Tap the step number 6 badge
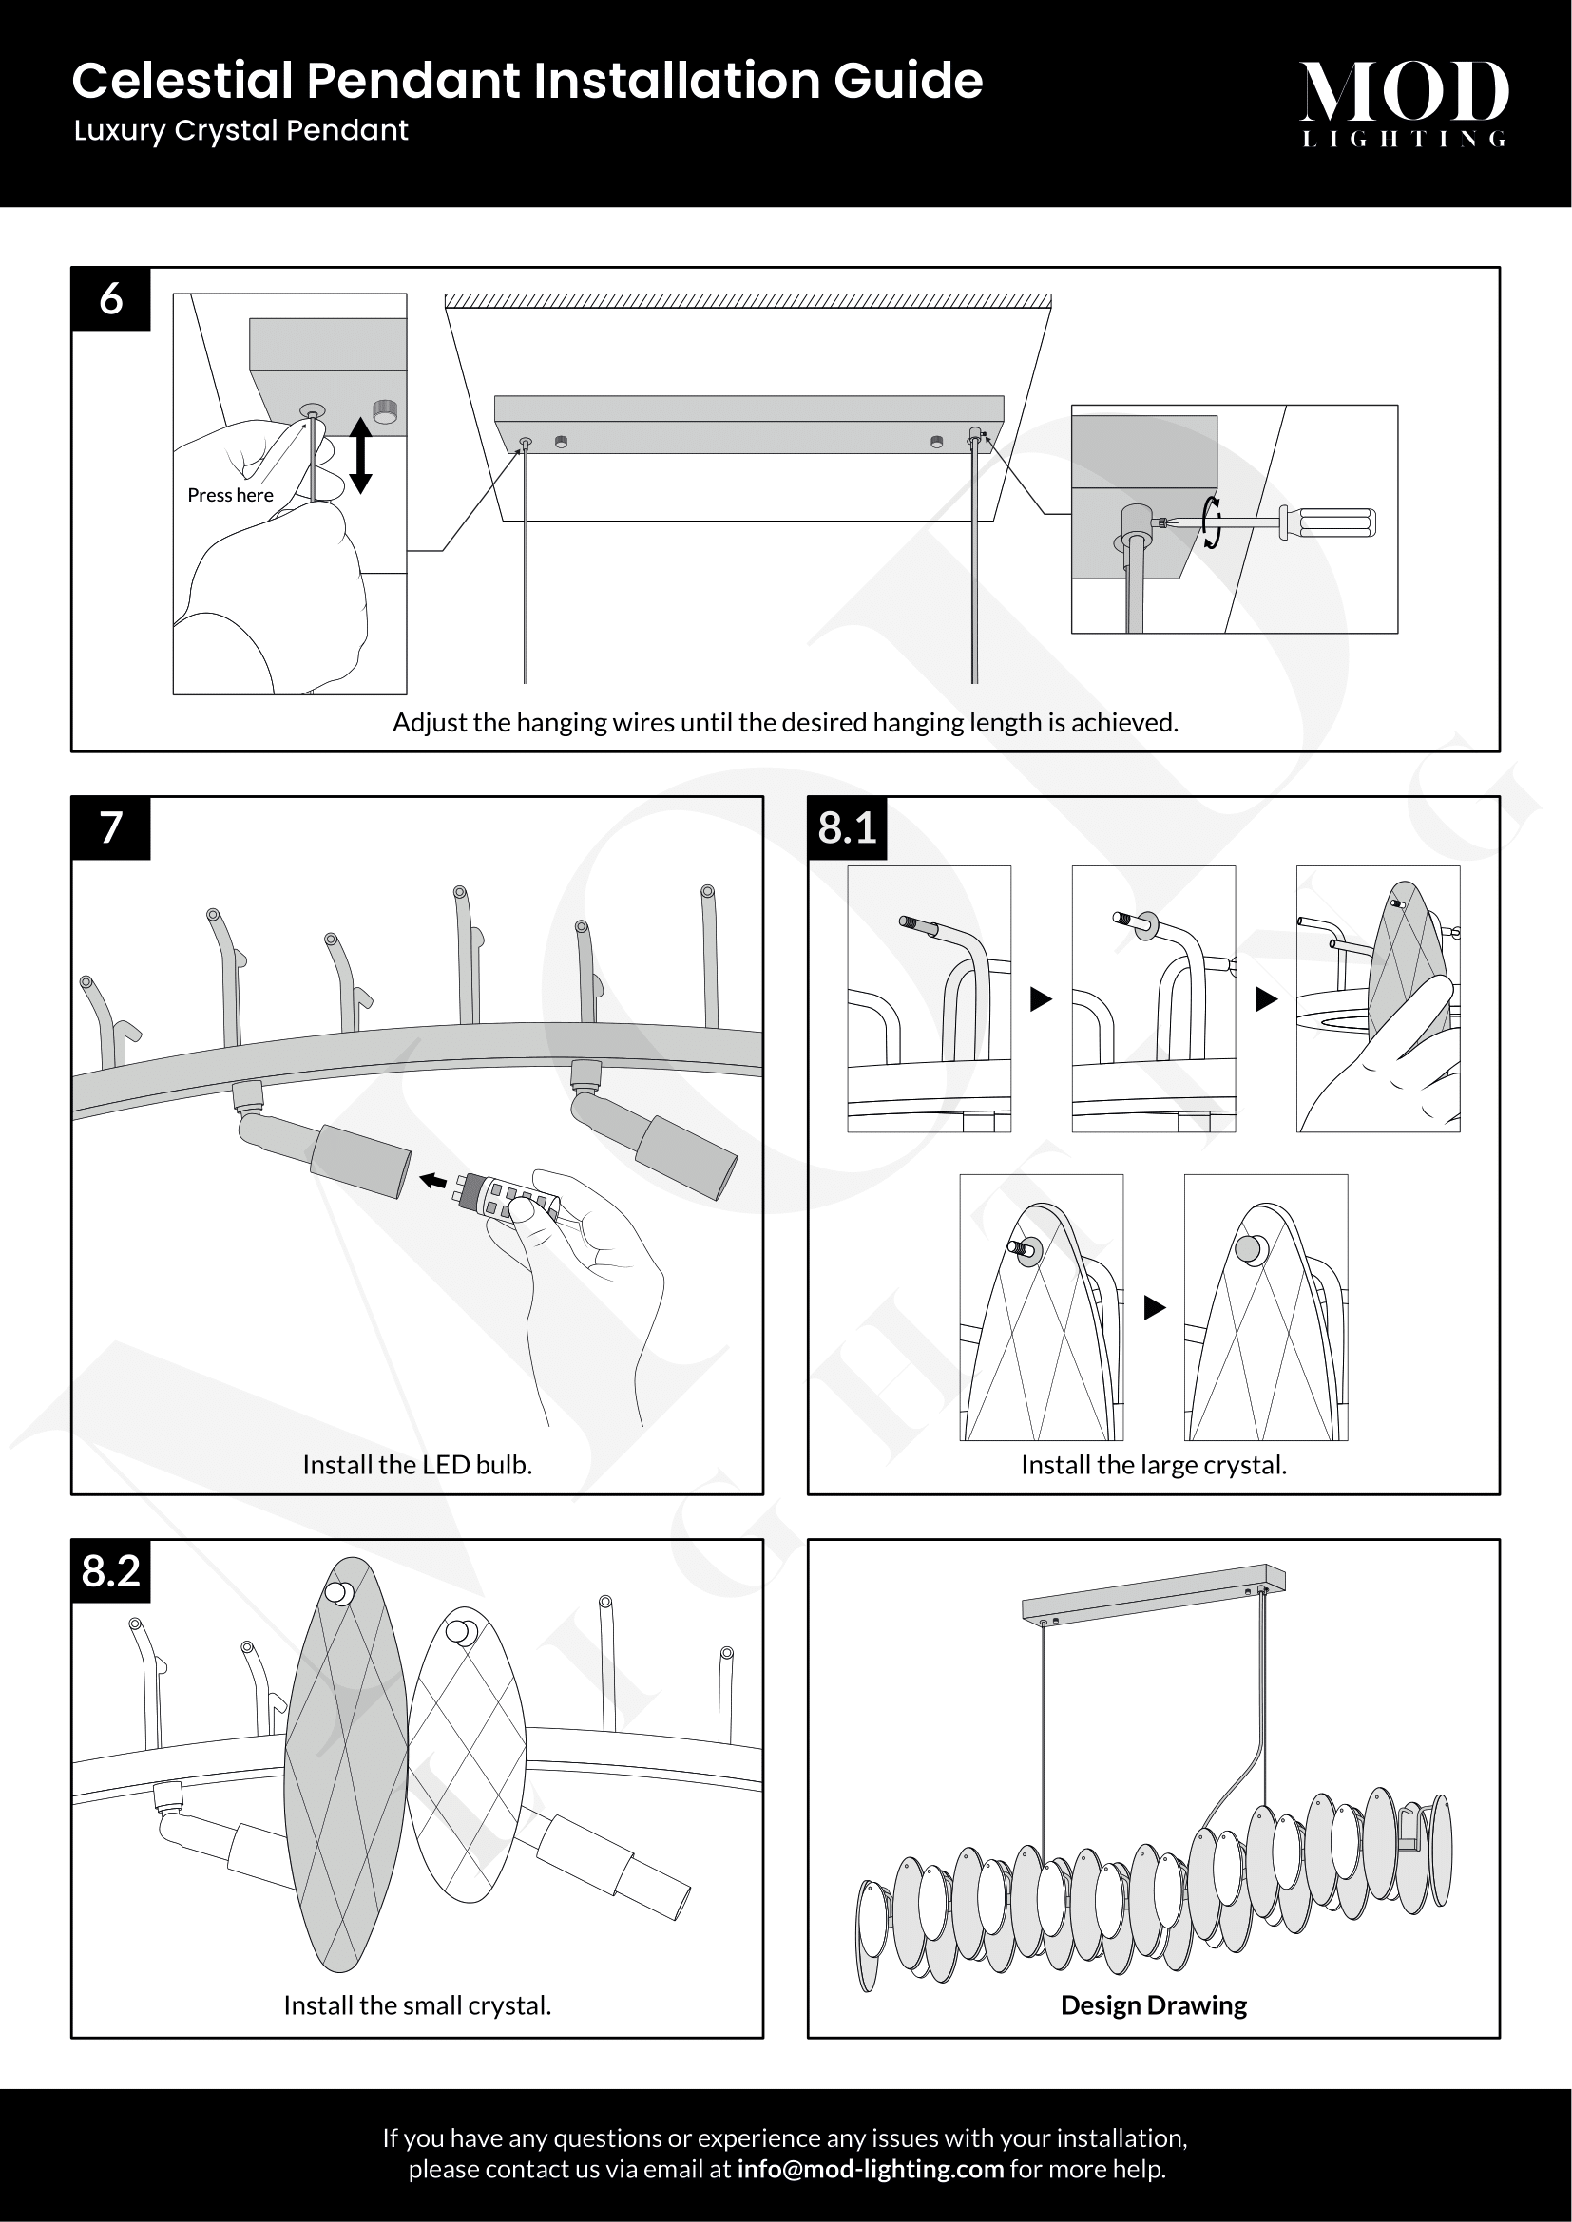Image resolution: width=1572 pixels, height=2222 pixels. coord(111,299)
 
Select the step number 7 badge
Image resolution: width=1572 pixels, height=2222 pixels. coord(111,828)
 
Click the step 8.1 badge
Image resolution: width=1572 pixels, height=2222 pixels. coord(847,828)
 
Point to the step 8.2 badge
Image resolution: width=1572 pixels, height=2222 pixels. coord(111,1570)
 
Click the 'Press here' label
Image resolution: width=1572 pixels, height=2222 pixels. coord(230,496)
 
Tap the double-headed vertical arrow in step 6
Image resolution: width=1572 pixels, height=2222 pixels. coord(360,455)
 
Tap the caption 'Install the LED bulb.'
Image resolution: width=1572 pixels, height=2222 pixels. coord(417,1465)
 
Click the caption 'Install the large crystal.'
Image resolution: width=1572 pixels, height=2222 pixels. coord(1154,1465)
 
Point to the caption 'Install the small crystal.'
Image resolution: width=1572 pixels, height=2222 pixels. coord(417,2005)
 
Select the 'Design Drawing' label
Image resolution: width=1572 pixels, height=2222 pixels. coord(1154,2005)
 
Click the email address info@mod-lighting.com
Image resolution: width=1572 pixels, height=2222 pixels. coord(871,2169)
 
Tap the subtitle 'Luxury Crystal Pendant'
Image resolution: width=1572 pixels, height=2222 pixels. coord(241,131)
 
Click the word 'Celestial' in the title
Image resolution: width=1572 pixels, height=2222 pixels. coord(182,81)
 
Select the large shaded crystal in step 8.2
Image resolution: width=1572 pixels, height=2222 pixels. coord(344,1771)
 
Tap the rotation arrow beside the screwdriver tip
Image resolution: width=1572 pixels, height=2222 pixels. coord(1211,522)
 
